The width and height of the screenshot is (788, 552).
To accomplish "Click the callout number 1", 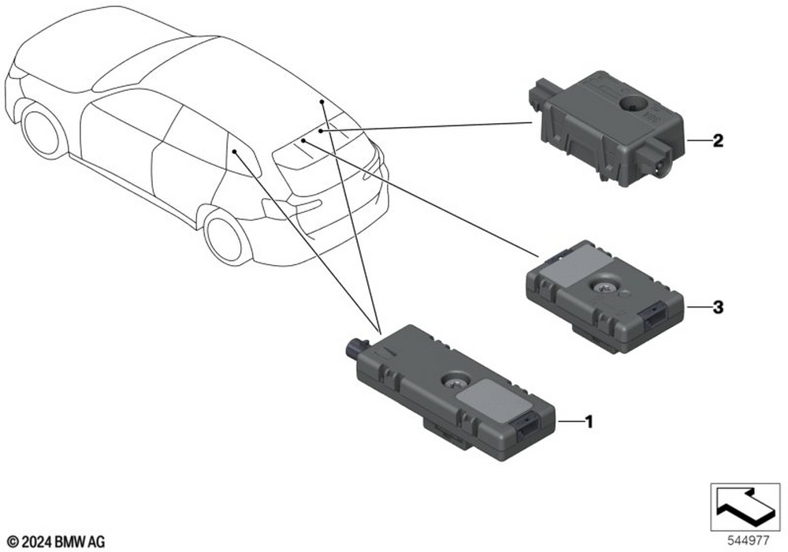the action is (589, 422).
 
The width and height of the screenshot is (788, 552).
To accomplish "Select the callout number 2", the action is (718, 141).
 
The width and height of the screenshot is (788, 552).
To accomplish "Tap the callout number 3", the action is (718, 307).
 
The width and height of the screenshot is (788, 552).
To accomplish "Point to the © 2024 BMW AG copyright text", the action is (57, 542).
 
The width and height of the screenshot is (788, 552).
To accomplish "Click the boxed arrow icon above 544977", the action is (745, 507).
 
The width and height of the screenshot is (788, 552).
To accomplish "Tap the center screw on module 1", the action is (452, 382).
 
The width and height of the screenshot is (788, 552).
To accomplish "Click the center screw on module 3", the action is (602, 287).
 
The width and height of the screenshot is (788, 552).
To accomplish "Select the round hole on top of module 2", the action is (633, 104).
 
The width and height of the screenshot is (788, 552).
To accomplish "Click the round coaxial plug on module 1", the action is (357, 346).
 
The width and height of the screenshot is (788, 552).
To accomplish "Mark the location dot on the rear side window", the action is (235, 151).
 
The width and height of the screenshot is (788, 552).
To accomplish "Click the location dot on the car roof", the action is (322, 102).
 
